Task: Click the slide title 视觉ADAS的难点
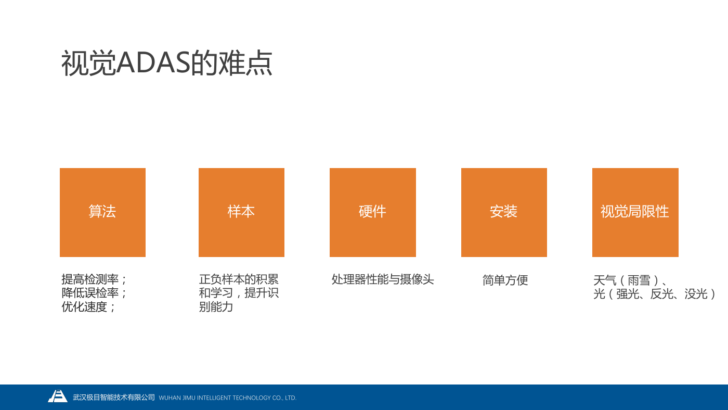pyautogui.click(x=167, y=63)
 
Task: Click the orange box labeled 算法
pyautogui.click(x=103, y=212)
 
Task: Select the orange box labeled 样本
pyautogui.click(x=241, y=212)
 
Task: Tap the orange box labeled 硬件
pyautogui.click(x=373, y=212)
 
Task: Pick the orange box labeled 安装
pyautogui.click(x=504, y=212)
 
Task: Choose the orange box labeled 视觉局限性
pyautogui.click(x=635, y=212)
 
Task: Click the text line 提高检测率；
pyautogui.click(x=94, y=279)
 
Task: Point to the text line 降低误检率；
pyautogui.click(x=94, y=293)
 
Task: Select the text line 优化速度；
pyautogui.click(x=88, y=306)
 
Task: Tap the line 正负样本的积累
pyautogui.click(x=239, y=279)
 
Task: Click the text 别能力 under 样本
pyautogui.click(x=216, y=306)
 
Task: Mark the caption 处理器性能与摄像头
pyautogui.click(x=383, y=279)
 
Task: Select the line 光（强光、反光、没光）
pyautogui.click(x=654, y=294)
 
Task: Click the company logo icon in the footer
pyautogui.click(x=58, y=396)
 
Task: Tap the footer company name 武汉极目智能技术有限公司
pyautogui.click(x=114, y=398)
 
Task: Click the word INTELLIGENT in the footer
pyautogui.click(x=214, y=398)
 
